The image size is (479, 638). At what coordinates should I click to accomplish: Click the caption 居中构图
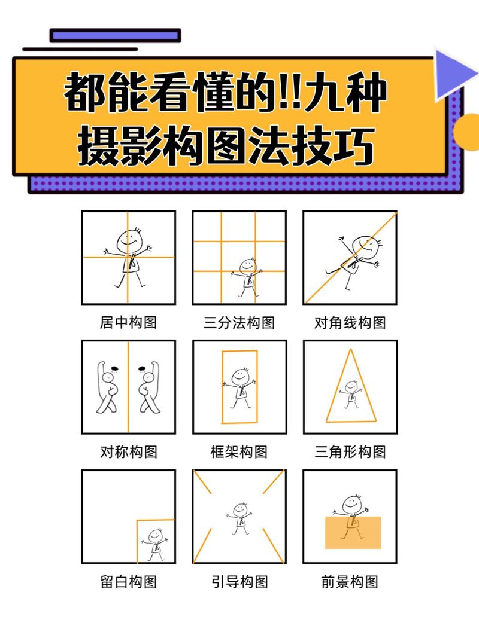click(x=128, y=323)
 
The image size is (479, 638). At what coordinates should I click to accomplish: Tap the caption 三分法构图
click(x=239, y=323)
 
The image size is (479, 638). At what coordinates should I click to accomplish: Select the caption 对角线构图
click(x=350, y=323)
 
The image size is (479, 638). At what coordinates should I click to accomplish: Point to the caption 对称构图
click(x=128, y=452)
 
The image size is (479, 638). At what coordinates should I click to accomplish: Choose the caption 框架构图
click(x=239, y=452)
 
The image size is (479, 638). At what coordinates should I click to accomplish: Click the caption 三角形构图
click(x=350, y=452)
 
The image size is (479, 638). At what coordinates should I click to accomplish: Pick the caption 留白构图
click(x=128, y=581)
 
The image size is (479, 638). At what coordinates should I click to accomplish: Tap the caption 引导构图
click(x=239, y=581)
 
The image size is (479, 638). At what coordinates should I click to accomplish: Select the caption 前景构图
click(x=350, y=581)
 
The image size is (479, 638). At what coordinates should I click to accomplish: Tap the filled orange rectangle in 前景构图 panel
click(x=353, y=532)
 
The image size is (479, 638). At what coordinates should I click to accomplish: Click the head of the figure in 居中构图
click(x=129, y=240)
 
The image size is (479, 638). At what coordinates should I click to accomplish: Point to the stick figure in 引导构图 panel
click(x=239, y=517)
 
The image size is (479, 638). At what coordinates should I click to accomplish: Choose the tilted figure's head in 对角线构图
click(x=365, y=245)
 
